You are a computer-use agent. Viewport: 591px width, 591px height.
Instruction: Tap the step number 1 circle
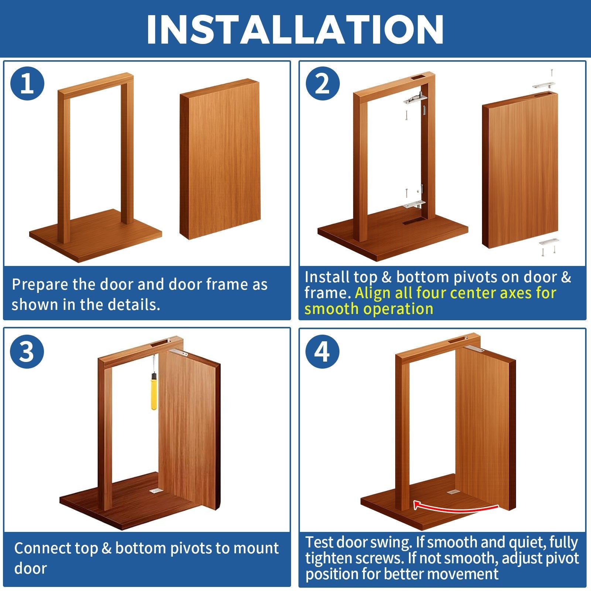[x=27, y=83]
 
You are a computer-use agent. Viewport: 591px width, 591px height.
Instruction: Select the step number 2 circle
[x=322, y=83]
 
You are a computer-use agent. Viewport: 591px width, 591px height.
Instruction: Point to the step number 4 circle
[x=322, y=352]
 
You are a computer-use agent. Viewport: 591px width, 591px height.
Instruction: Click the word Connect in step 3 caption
[x=42, y=549]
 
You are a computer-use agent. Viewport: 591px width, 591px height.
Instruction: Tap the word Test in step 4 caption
[x=319, y=542]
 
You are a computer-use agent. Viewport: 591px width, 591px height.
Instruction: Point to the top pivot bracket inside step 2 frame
[x=415, y=99]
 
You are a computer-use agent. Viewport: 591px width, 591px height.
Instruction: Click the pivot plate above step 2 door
[x=544, y=85]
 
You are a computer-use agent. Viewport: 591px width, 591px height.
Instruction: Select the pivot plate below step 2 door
[x=549, y=242]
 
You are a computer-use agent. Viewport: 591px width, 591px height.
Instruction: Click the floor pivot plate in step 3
[x=155, y=491]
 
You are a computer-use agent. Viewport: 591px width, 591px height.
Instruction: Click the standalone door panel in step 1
[x=220, y=159]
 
